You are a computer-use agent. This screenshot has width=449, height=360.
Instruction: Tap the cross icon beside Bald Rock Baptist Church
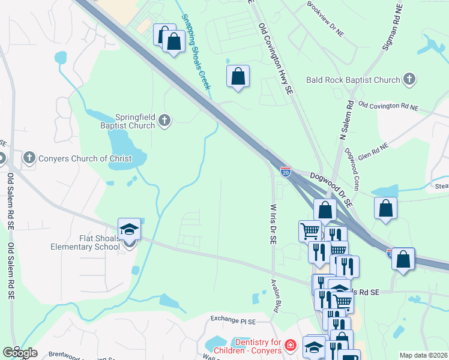(409, 79)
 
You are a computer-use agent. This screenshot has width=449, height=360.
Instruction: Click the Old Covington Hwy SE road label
(276, 59)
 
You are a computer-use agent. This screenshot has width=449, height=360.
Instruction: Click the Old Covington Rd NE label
(388, 106)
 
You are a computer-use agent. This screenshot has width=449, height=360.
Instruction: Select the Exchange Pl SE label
(233, 318)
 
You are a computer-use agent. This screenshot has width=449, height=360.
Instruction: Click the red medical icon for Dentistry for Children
(291, 346)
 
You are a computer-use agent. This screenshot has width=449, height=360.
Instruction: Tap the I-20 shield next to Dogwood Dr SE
(286, 172)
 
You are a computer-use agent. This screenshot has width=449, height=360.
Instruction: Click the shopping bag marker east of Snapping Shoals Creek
(238, 76)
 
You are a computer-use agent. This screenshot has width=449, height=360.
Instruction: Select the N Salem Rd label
(347, 121)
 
